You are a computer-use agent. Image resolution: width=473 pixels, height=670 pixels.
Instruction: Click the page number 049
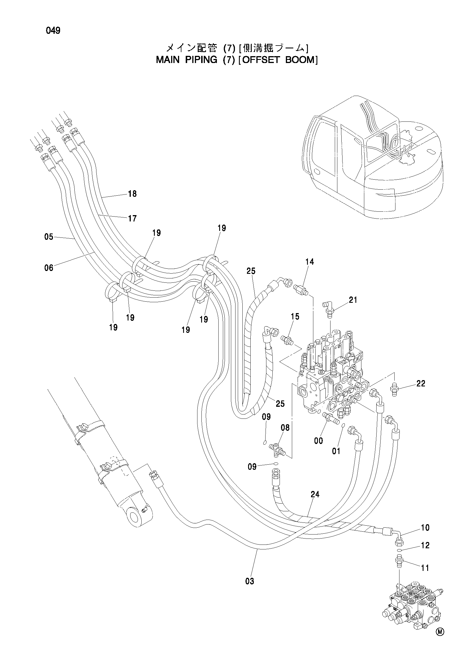[53, 31]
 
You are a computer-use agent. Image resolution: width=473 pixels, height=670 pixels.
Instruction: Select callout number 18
[132, 194]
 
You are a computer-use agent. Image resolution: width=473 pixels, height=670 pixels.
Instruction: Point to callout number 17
[132, 218]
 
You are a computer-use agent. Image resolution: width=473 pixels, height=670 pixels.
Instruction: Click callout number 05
[49, 237]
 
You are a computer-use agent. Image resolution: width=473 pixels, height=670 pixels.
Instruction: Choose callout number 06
[49, 268]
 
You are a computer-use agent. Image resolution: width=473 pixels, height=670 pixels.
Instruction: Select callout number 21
[353, 300]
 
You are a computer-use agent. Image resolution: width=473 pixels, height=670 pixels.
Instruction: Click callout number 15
[295, 316]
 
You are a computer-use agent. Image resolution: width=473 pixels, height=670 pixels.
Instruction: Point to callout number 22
[421, 384]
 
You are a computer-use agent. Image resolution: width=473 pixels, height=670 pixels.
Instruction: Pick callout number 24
[315, 494]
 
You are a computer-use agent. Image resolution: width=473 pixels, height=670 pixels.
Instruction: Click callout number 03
[250, 581]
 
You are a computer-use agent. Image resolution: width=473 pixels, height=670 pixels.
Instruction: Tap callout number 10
[425, 528]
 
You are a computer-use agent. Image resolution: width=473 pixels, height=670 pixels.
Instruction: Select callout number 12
[425, 545]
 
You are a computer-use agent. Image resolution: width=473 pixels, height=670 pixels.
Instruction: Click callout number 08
[285, 428]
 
